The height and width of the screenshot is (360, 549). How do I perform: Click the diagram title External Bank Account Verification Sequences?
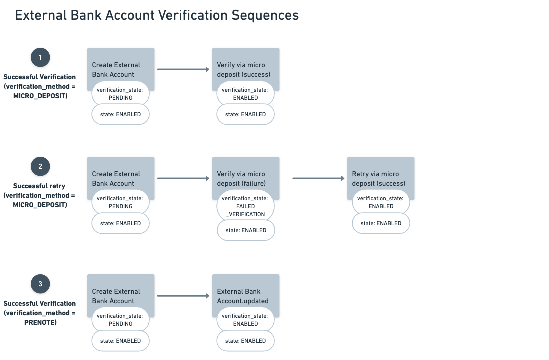(156, 15)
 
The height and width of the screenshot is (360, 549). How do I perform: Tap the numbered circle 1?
(40, 57)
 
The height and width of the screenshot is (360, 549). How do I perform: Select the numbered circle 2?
(40, 166)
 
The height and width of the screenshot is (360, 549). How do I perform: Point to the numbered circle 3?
(40, 284)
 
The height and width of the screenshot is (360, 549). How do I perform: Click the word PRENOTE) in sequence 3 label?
(40, 322)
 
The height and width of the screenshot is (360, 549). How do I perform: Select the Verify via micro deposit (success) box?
(245, 65)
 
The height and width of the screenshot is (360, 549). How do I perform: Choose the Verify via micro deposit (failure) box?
(245, 174)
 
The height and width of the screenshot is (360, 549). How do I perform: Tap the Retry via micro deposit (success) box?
(380, 174)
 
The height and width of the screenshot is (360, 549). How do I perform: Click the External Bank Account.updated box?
(245, 292)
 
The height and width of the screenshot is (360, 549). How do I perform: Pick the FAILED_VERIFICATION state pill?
(245, 206)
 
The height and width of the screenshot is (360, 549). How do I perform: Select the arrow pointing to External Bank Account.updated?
(183, 296)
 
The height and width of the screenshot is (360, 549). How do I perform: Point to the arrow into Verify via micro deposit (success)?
(183, 69)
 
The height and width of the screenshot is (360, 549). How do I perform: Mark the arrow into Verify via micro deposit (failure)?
(183, 178)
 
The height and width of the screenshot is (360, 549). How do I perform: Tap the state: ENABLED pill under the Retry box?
(381, 223)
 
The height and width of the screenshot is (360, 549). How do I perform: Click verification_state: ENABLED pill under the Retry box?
(381, 202)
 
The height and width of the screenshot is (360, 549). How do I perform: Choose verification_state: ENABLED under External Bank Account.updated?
(245, 320)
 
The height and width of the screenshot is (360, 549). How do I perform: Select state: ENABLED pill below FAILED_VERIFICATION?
(246, 230)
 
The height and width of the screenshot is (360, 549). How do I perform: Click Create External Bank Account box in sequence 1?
(120, 65)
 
